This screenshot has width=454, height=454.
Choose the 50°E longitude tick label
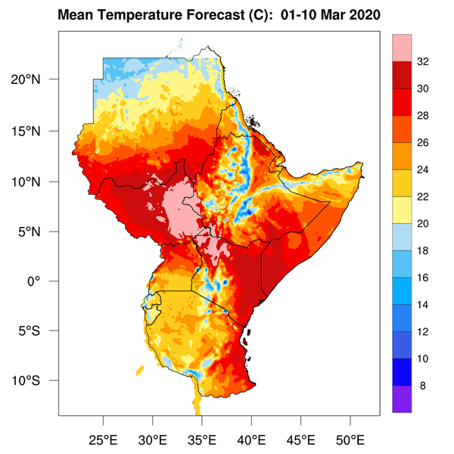[350, 440]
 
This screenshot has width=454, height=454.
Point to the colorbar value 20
[424, 225]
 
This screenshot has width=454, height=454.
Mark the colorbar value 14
[424, 305]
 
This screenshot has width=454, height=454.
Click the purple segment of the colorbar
[402, 399]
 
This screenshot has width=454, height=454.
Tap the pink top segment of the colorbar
[402, 48]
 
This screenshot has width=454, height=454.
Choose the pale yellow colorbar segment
[402, 211]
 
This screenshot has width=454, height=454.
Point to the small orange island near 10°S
[141, 370]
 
